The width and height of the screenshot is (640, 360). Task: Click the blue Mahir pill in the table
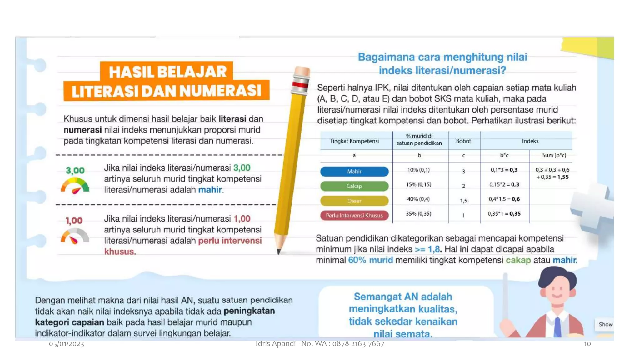[x=354, y=171]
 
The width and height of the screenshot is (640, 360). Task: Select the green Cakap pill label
[x=354, y=186]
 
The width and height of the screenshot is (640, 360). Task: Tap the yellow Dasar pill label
[x=354, y=201]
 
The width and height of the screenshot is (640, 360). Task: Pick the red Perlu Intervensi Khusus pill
[x=354, y=215]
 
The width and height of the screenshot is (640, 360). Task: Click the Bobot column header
[x=463, y=141]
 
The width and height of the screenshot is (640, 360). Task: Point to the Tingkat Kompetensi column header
[x=354, y=141]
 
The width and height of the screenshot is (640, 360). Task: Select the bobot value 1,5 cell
[x=463, y=201]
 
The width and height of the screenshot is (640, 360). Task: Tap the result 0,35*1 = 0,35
[x=504, y=214]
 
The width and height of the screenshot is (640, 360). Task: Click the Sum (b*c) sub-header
[x=554, y=155]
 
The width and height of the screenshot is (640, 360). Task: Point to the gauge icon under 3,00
[x=75, y=185]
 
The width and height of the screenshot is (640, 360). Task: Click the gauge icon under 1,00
[x=75, y=236]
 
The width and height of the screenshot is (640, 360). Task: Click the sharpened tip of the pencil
[x=279, y=251]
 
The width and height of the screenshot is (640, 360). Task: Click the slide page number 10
[x=587, y=344]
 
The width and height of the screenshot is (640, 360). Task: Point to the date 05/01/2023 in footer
[x=66, y=344]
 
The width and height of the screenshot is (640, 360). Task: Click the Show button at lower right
[x=605, y=324]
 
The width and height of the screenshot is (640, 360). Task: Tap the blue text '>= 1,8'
[x=427, y=249]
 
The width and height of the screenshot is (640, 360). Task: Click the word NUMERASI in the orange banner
[x=220, y=91]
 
